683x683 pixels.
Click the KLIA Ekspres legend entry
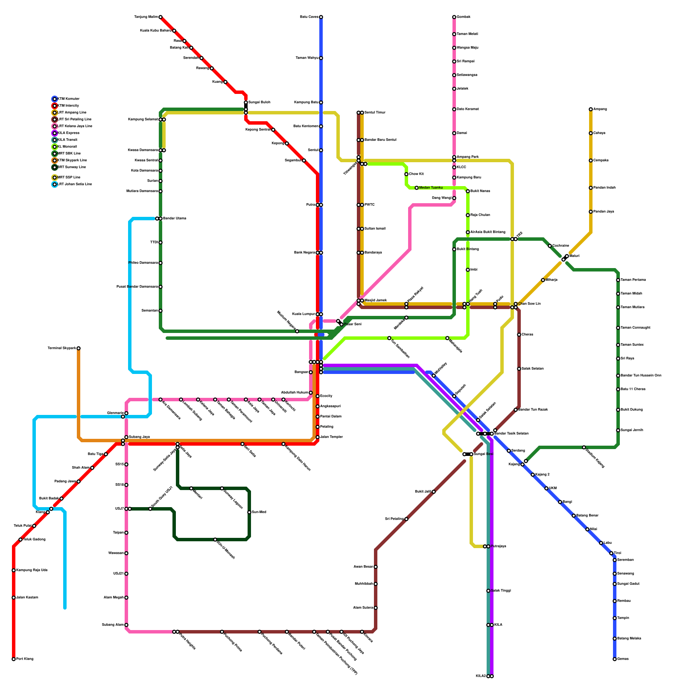pyautogui.click(x=68, y=133)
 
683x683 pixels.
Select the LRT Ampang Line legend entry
pyautogui.click(x=72, y=113)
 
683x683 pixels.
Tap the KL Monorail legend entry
pyautogui.click(x=67, y=147)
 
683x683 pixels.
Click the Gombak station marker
pyautogui.click(x=454, y=17)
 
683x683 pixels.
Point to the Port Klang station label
pyautogui.click(x=25, y=659)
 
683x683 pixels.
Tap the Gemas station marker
pyautogui.click(x=615, y=659)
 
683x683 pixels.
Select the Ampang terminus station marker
pyautogui.click(x=591, y=109)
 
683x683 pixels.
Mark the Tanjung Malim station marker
pyautogui.click(x=161, y=17)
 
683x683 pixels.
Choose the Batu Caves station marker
pyautogui.click(x=321, y=17)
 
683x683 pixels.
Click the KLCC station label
pyautogui.click(x=461, y=167)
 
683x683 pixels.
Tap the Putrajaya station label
pyautogui.click(x=498, y=546)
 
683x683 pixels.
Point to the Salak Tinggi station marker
pyautogui.click(x=488, y=591)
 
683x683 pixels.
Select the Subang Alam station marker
pyautogui.click(x=126, y=625)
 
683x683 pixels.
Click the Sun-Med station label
pyautogui.click(x=259, y=512)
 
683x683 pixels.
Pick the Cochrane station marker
pyautogui.click(x=550, y=246)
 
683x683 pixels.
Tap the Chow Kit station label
pyautogui.click(x=416, y=174)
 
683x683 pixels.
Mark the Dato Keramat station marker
pyautogui.click(x=454, y=109)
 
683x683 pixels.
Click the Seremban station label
pyautogui.click(x=625, y=560)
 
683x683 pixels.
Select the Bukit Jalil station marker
pyautogui.click(x=434, y=492)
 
